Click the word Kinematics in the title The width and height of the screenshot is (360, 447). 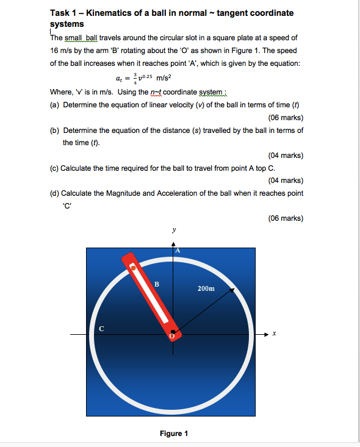[x=106, y=13]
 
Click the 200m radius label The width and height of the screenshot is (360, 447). [x=206, y=288]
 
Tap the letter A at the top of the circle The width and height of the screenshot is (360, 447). [x=178, y=250]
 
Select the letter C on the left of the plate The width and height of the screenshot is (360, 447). [x=102, y=329]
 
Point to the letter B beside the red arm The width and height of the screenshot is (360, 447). [x=157, y=284]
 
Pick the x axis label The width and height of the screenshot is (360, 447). [x=275, y=334]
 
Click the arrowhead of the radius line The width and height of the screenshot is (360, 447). [x=233, y=291]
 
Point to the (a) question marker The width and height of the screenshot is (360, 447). [x=54, y=104]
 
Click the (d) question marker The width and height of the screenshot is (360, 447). [x=54, y=193]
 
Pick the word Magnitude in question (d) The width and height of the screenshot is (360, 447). [x=127, y=193]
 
